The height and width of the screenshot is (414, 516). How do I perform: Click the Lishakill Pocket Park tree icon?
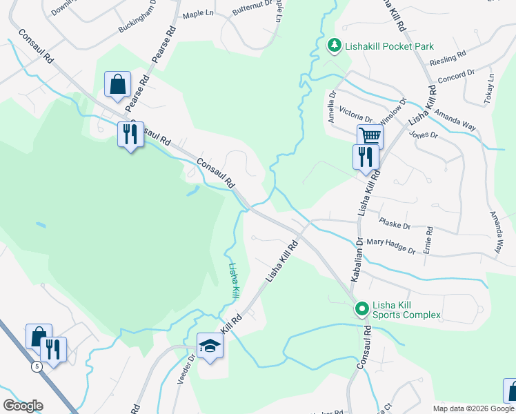point(334,46)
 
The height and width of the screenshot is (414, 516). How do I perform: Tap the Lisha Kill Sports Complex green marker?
point(361,308)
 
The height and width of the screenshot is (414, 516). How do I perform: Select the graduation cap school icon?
point(209,346)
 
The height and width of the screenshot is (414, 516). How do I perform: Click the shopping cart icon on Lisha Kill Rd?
point(370,137)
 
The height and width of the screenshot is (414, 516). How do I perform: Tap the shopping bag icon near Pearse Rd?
point(118,84)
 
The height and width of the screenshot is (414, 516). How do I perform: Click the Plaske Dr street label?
point(395,224)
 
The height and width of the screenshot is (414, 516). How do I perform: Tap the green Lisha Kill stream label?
point(235,280)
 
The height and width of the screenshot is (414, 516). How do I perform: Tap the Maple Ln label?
point(195,14)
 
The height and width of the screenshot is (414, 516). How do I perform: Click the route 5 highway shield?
point(35,366)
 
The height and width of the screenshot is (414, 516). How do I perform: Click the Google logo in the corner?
point(23,406)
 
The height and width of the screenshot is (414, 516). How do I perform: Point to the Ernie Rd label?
point(428,239)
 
